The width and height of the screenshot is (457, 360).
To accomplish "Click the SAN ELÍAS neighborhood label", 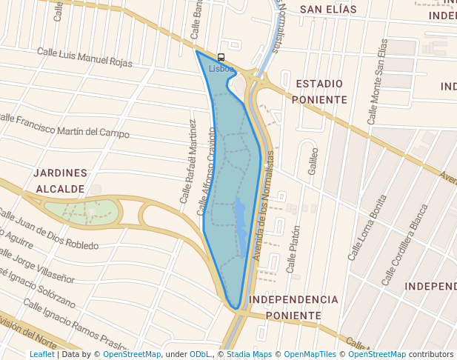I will [x=328, y=10].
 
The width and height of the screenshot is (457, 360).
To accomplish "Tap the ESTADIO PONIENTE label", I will [x=319, y=91].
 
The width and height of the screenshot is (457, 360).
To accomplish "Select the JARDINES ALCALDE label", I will [x=60, y=181].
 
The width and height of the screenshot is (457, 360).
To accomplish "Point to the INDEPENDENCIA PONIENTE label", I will [x=293, y=307].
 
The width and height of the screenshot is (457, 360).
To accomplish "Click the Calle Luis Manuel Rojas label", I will [x=84, y=57].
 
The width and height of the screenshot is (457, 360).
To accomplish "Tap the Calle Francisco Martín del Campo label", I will [x=64, y=125].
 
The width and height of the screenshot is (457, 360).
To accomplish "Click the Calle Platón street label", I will [x=293, y=247].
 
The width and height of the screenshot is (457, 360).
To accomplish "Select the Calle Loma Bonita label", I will [x=367, y=227].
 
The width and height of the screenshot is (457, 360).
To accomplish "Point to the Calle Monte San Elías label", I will [x=378, y=81].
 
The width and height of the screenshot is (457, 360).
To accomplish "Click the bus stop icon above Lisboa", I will [x=221, y=57].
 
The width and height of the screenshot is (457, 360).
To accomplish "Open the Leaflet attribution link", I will [x=41, y=355].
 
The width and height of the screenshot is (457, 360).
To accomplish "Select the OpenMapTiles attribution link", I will [x=309, y=355].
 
